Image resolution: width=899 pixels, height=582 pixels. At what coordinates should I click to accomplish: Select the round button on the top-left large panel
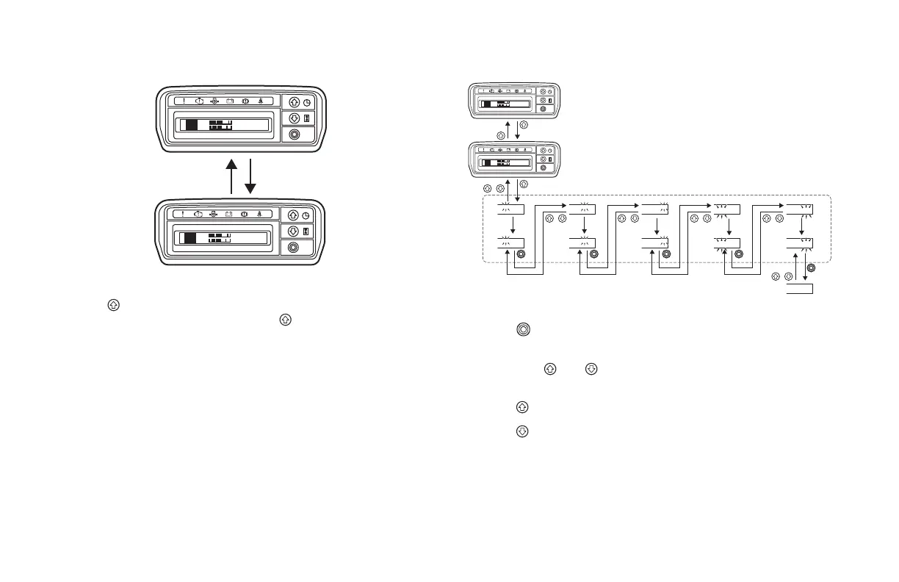point(294,134)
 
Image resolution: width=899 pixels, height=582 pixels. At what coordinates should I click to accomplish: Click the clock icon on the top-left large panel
point(307,103)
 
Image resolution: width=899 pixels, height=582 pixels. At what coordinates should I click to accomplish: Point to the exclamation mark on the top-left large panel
point(184,101)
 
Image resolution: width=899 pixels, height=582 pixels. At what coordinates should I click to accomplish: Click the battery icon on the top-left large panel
point(229,101)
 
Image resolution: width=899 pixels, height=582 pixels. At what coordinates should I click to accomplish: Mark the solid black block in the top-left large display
point(192,126)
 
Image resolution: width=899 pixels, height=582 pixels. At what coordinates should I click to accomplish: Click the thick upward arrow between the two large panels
point(232,176)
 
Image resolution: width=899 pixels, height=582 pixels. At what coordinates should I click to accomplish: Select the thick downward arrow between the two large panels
point(250,176)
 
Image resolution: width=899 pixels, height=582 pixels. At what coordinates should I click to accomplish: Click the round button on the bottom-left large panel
point(294,248)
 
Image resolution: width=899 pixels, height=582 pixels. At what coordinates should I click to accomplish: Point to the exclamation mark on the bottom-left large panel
point(184,215)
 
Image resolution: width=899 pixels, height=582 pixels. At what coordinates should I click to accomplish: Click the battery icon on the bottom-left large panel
point(229,215)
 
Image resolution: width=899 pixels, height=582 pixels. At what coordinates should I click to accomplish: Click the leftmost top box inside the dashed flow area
point(510,209)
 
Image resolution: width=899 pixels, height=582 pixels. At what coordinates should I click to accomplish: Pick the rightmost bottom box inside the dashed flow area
point(799,244)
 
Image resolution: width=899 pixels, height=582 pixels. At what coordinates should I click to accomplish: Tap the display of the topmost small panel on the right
point(505,104)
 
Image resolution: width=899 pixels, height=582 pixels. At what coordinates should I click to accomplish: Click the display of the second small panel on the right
point(505,162)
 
